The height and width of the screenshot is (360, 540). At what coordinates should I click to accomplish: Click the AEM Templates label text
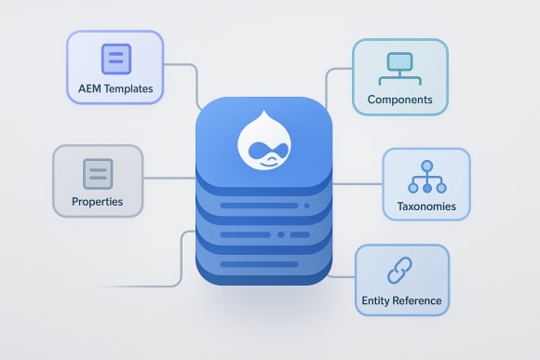(115, 89)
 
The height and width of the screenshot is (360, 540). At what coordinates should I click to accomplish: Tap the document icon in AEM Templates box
(115, 60)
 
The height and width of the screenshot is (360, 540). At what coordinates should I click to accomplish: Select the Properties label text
(97, 201)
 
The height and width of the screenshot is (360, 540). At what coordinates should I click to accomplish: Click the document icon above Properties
(98, 173)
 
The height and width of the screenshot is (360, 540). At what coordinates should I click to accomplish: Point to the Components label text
(399, 99)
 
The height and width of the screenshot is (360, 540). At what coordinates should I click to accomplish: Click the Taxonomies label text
(425, 205)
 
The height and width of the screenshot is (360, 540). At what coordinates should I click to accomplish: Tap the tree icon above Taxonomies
(425, 176)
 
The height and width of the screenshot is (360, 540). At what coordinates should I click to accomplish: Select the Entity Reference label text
(401, 300)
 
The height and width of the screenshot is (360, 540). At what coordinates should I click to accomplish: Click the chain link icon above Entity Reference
(401, 271)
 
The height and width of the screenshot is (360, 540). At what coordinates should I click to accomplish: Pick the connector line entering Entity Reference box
(344, 276)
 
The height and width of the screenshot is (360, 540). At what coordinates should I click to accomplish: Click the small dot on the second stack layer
(306, 205)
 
